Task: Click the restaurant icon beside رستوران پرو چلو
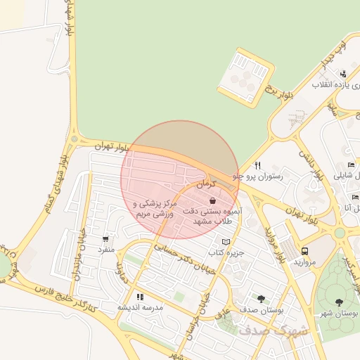pos(258,165)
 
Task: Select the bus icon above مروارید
pos(304,250)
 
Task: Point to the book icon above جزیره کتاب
pos(226,241)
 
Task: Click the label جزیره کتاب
pos(226,252)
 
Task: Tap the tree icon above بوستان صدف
pos(262,298)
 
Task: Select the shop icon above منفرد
pos(105,239)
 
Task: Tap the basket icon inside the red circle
pos(212,201)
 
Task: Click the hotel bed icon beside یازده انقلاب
pos(342,74)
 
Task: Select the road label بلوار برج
pos(277,90)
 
